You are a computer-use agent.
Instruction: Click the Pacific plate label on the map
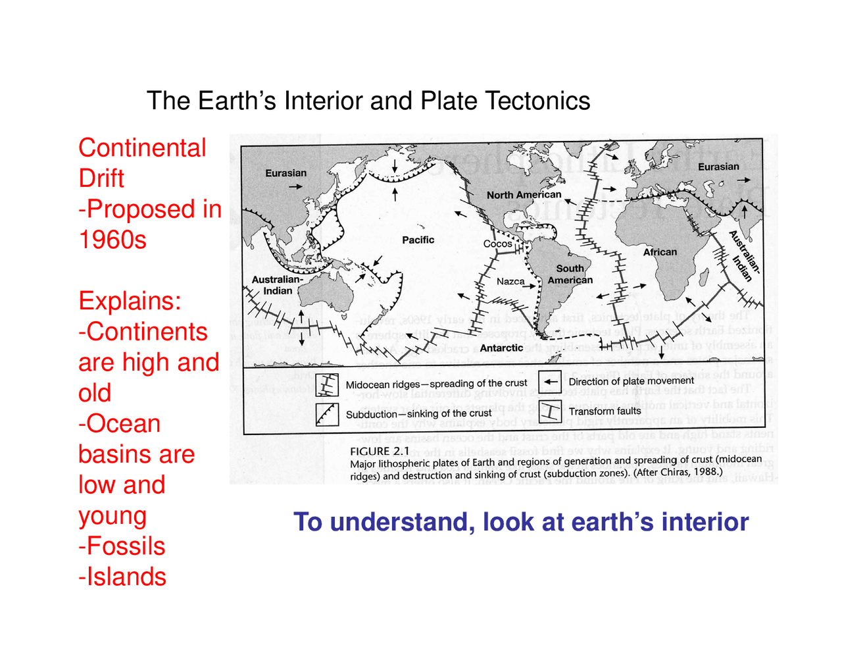418,240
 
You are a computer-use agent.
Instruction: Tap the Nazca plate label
510,282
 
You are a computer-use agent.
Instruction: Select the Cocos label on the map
497,244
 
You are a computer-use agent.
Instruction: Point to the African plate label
660,252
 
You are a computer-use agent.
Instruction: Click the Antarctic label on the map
501,348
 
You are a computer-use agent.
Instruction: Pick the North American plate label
524,195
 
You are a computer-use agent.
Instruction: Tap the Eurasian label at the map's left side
285,173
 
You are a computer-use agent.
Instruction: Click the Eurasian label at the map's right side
718,167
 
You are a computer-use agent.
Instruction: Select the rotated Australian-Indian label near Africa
745,256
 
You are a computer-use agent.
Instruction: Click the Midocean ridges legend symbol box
327,385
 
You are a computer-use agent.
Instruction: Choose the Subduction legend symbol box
327,414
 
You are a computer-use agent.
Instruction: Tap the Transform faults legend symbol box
550,411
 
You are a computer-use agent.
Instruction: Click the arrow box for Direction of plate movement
550,381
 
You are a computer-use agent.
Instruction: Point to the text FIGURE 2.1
380,452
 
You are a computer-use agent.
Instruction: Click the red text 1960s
112,240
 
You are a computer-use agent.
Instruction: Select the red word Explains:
130,301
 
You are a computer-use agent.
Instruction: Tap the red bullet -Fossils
122,546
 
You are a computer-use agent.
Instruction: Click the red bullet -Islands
122,577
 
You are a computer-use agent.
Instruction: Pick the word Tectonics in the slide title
537,101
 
